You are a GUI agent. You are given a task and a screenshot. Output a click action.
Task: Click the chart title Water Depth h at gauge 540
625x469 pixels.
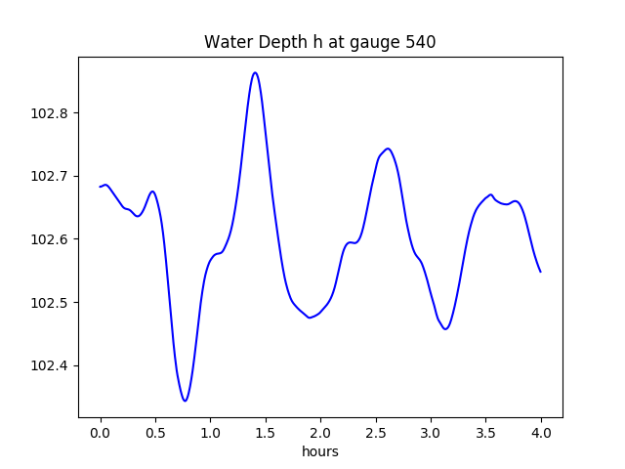tap(320, 43)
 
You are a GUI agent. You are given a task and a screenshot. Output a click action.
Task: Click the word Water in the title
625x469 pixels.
tap(224, 43)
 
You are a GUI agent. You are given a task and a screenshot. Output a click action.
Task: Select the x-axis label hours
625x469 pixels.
tap(320, 452)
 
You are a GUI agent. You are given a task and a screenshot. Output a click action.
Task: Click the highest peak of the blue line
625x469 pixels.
tap(255, 72)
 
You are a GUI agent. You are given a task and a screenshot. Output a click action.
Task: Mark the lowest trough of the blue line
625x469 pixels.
tap(185, 401)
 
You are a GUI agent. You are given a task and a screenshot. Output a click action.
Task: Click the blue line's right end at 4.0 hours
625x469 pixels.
tap(540, 271)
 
